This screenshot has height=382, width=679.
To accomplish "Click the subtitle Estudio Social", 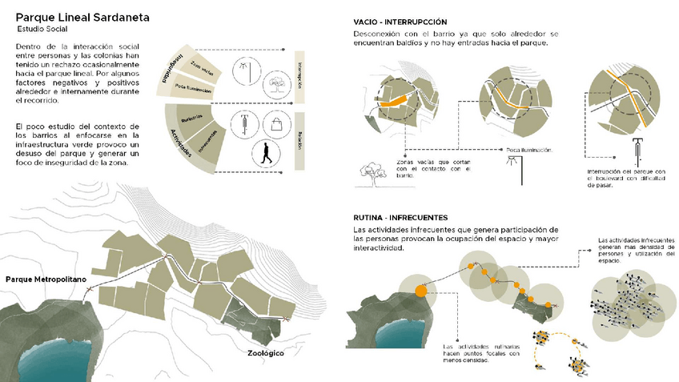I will pos(45,30).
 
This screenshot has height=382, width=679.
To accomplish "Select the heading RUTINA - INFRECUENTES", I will pos(400,218).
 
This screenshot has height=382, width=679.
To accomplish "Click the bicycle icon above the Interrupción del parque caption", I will pos(637,147).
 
